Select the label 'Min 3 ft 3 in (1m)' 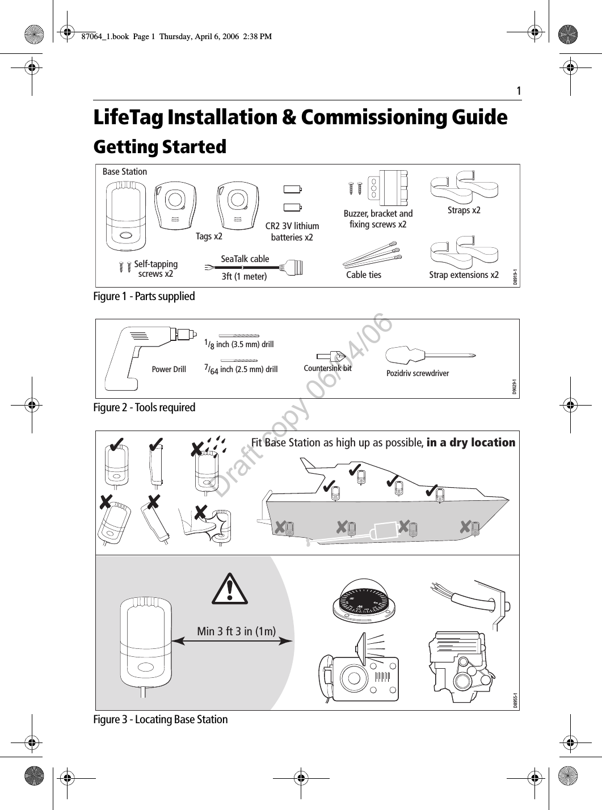236,631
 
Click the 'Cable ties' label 364,275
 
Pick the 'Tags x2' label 209,236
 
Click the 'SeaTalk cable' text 245,259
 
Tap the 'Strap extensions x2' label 464,275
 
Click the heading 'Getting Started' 159,147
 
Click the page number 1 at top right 518,91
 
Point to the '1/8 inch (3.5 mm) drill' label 239,344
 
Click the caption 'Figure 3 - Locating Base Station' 161,719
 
